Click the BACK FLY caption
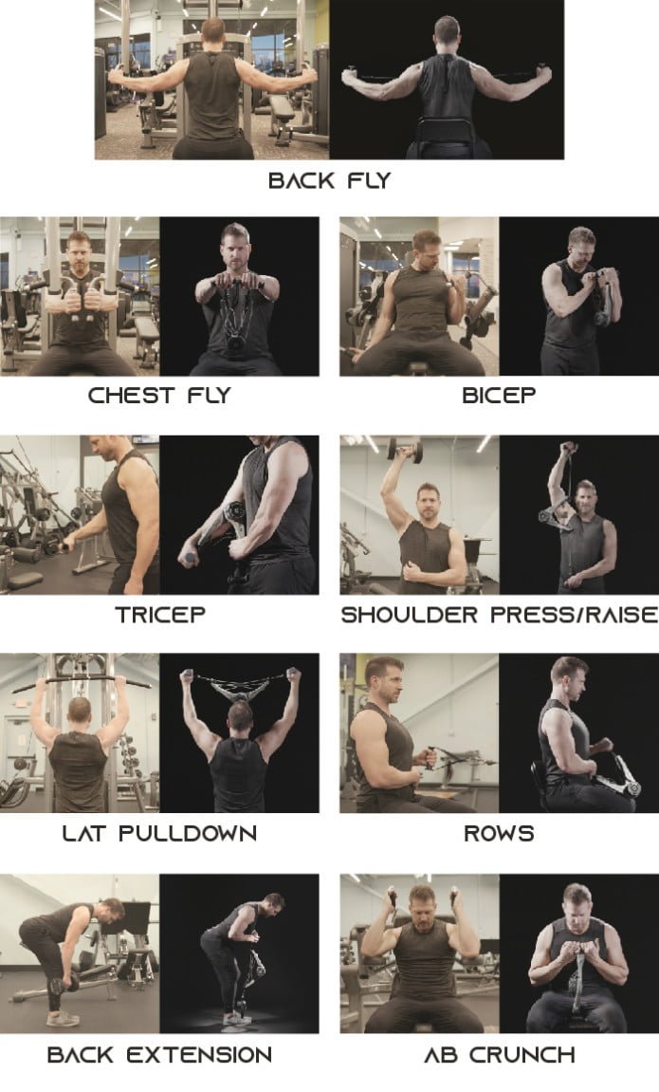(329, 180)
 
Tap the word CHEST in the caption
(131, 395)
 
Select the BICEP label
(499, 395)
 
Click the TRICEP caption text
(160, 614)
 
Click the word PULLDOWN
(187, 833)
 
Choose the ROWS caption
(499, 833)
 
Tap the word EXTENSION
(199, 1054)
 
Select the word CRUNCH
(522, 1054)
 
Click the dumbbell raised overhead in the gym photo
(405, 449)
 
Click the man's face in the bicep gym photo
(427, 250)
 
